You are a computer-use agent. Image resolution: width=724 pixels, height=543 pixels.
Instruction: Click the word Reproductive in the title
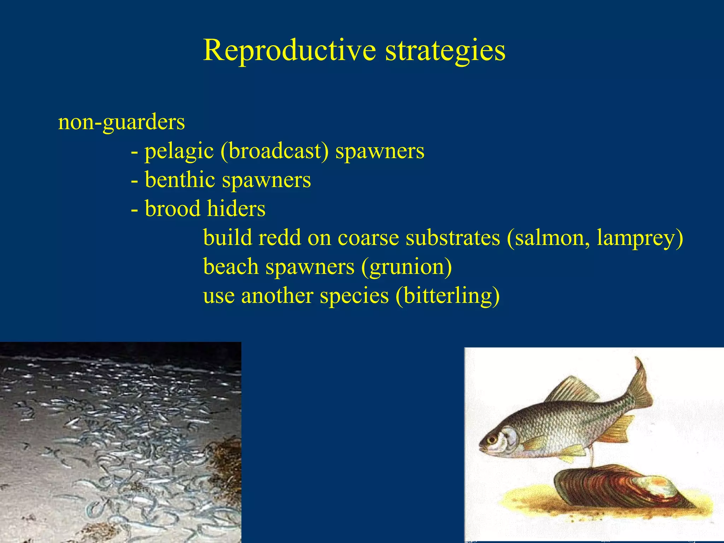(x=289, y=50)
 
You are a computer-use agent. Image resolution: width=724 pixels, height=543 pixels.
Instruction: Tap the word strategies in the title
(x=445, y=50)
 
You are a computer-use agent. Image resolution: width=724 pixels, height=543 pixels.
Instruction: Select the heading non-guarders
(x=121, y=122)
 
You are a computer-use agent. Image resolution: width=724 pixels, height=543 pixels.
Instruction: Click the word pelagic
(x=179, y=151)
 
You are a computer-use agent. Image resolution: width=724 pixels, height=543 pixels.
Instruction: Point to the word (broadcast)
(x=274, y=151)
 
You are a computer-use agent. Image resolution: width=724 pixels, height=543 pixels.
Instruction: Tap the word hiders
(x=236, y=209)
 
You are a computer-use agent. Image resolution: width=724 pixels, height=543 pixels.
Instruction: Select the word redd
(x=280, y=238)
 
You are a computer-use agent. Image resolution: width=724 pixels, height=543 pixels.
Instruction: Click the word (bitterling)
(x=448, y=296)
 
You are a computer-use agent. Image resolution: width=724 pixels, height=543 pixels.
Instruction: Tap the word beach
(x=231, y=267)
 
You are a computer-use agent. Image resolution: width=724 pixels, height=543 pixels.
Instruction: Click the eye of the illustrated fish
(x=491, y=440)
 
